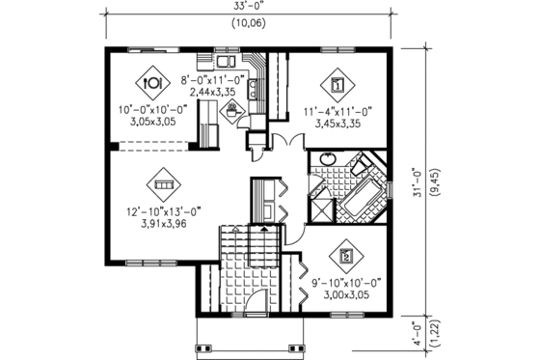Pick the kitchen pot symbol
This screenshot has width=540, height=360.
click(232, 110)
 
